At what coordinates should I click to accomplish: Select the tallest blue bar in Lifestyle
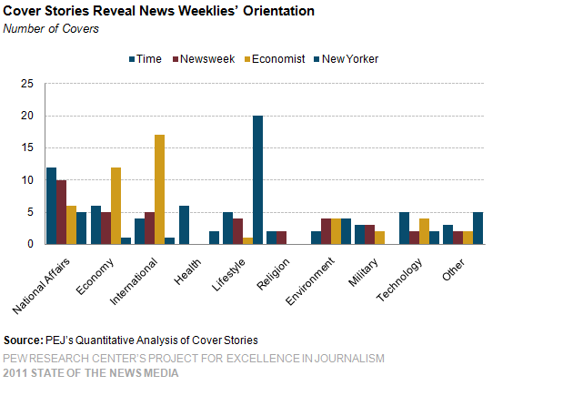pyautogui.click(x=258, y=179)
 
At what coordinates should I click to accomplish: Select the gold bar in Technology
pyautogui.click(x=424, y=231)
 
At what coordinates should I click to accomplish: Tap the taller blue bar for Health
pyautogui.click(x=183, y=225)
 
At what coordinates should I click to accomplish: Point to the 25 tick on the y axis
pyautogui.click(x=27, y=85)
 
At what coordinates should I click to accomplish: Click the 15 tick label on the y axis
pyautogui.click(x=27, y=148)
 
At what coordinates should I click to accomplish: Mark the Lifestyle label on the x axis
pyautogui.click(x=230, y=269)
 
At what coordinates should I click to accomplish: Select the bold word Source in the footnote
pyautogui.click(x=23, y=341)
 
